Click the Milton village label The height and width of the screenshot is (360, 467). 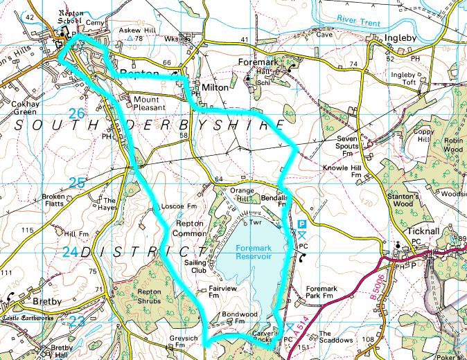[215, 89]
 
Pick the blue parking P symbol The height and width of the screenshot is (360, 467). [303, 224]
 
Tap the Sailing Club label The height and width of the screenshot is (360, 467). [197, 267]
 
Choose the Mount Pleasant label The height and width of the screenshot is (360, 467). [161, 103]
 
